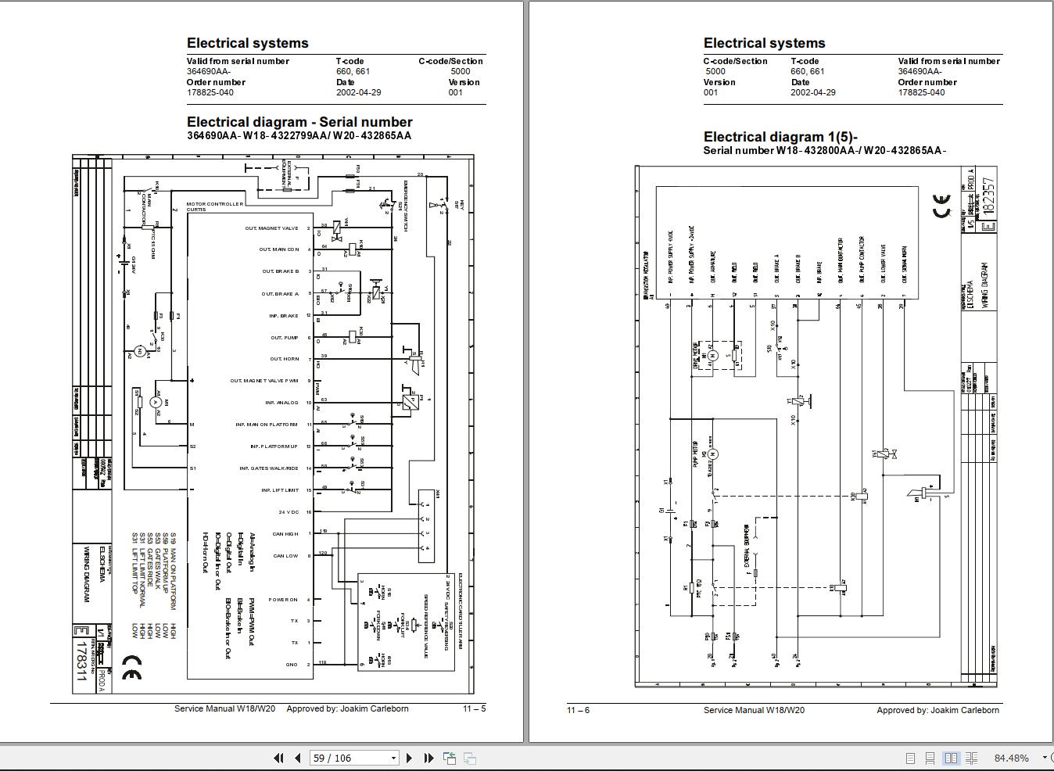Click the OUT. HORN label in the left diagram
tap(285, 359)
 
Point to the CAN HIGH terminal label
tap(285, 534)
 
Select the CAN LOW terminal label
tap(285, 556)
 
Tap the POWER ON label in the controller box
tap(283, 600)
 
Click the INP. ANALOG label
tap(281, 403)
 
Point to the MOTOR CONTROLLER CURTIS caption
tap(214, 206)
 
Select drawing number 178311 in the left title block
tap(81, 658)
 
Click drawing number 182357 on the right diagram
tap(990, 204)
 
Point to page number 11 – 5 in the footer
tap(474, 708)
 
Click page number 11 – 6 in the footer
tap(578, 710)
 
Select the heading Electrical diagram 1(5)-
tap(780, 137)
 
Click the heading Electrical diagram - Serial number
tap(299, 122)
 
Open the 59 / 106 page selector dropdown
tap(393, 758)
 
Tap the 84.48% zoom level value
tap(1011, 758)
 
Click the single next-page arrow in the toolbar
tap(409, 758)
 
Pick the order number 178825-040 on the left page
tap(210, 92)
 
